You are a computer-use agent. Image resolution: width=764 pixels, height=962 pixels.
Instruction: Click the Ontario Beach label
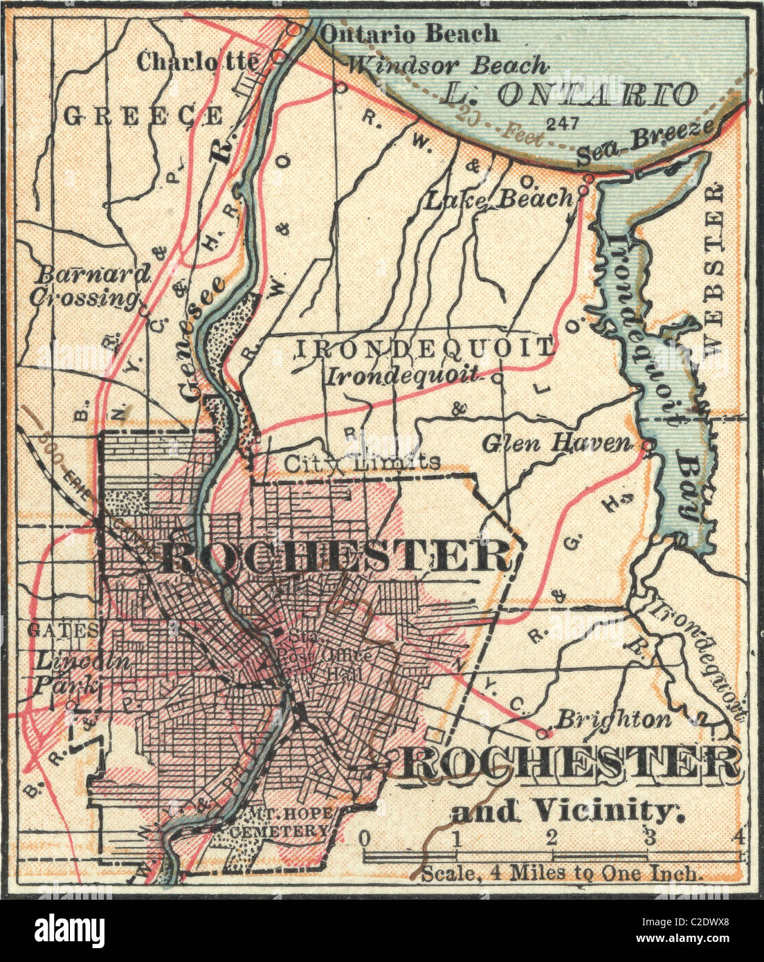pyautogui.click(x=410, y=33)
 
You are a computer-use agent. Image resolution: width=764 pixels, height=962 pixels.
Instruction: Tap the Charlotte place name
pyautogui.click(x=197, y=62)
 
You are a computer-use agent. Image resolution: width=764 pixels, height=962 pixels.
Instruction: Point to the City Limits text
pyautogui.click(x=362, y=462)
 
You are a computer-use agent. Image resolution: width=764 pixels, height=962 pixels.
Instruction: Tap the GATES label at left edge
pyautogui.click(x=61, y=630)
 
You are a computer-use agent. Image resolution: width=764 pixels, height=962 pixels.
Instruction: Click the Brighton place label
pyautogui.click(x=614, y=719)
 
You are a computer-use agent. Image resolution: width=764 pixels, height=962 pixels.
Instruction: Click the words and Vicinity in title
pyautogui.click(x=567, y=810)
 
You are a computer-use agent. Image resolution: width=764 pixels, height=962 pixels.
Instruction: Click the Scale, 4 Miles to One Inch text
pyautogui.click(x=562, y=873)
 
